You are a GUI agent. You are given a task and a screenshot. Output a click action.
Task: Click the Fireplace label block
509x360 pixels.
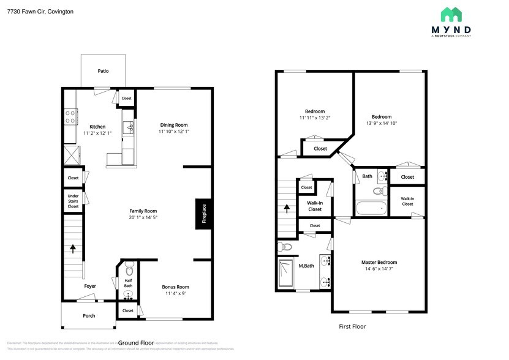pyautogui.click(x=205, y=214)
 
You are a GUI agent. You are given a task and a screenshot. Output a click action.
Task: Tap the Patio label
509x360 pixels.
pyautogui.click(x=103, y=71)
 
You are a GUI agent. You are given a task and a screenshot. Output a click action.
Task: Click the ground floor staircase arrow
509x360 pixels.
pyautogui.click(x=74, y=248)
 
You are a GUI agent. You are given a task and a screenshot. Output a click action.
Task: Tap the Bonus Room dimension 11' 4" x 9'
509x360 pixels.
pyautogui.click(x=175, y=294)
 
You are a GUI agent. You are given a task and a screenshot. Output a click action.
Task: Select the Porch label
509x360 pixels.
pyautogui.click(x=89, y=316)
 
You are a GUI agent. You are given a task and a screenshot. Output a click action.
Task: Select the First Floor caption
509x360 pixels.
pyautogui.click(x=352, y=326)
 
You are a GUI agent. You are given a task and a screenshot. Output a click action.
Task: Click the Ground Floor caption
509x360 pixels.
pyautogui.click(x=136, y=343)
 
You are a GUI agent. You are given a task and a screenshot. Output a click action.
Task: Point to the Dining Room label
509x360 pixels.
pyautogui.click(x=174, y=124)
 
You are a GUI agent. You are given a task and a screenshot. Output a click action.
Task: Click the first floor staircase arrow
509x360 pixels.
pyautogui.click(x=287, y=208)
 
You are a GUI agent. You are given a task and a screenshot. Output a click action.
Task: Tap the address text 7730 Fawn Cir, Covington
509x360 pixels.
pyautogui.click(x=40, y=11)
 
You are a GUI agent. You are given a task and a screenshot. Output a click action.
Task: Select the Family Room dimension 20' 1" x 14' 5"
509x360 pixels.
pyautogui.click(x=143, y=218)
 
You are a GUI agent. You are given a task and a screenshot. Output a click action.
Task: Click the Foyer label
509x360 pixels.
pyautogui.click(x=90, y=286)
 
